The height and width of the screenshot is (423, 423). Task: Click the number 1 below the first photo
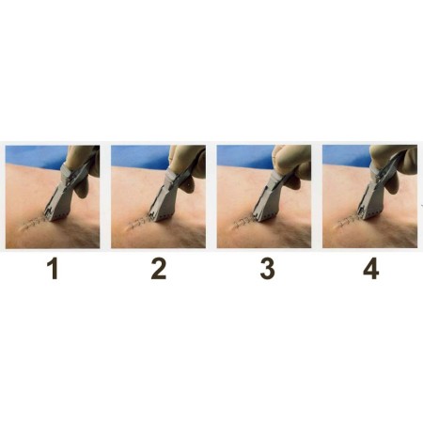53,270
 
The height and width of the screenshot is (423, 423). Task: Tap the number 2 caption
158,270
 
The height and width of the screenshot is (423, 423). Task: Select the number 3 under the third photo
267,270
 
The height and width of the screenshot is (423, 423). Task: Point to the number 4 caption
371,270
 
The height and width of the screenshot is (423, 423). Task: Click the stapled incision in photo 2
141,222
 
